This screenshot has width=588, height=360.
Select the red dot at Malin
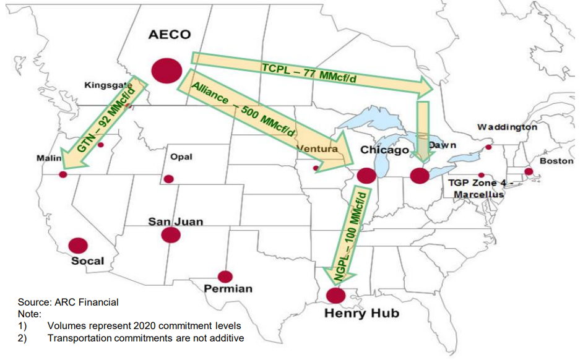(x=63, y=174)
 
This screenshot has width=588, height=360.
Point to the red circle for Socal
(x=77, y=246)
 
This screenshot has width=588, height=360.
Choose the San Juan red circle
(x=170, y=235)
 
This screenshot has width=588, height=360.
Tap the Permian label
(x=228, y=289)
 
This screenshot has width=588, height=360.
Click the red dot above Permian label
(x=225, y=276)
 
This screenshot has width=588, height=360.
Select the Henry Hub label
(x=361, y=313)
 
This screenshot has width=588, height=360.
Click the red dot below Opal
(x=168, y=179)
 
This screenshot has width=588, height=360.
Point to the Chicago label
(x=384, y=150)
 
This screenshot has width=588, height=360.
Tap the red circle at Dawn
(x=420, y=176)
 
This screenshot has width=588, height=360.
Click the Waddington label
(x=507, y=127)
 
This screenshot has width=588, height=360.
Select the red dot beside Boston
(x=529, y=171)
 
